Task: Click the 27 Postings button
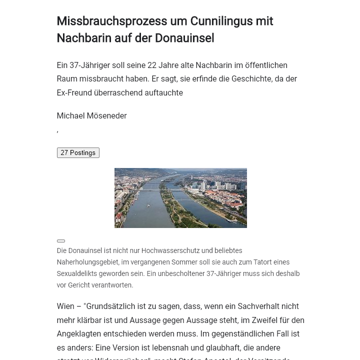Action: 78,153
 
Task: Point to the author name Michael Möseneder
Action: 91,116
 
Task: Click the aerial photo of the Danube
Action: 180,198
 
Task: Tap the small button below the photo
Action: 61,241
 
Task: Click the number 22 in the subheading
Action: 151,65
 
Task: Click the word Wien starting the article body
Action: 65,306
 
